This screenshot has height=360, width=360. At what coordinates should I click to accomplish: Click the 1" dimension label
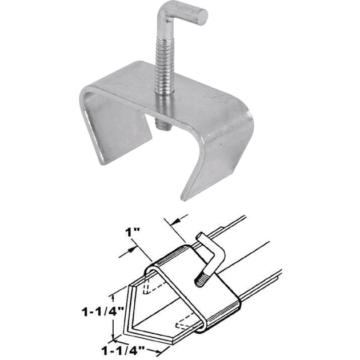coord(133,233)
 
